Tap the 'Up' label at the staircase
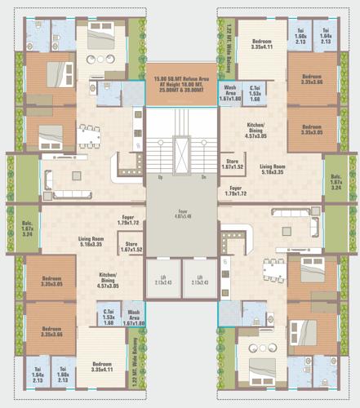(x=162, y=177)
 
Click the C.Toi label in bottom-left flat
(x=108, y=315)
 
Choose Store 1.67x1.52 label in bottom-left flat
(x=131, y=246)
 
